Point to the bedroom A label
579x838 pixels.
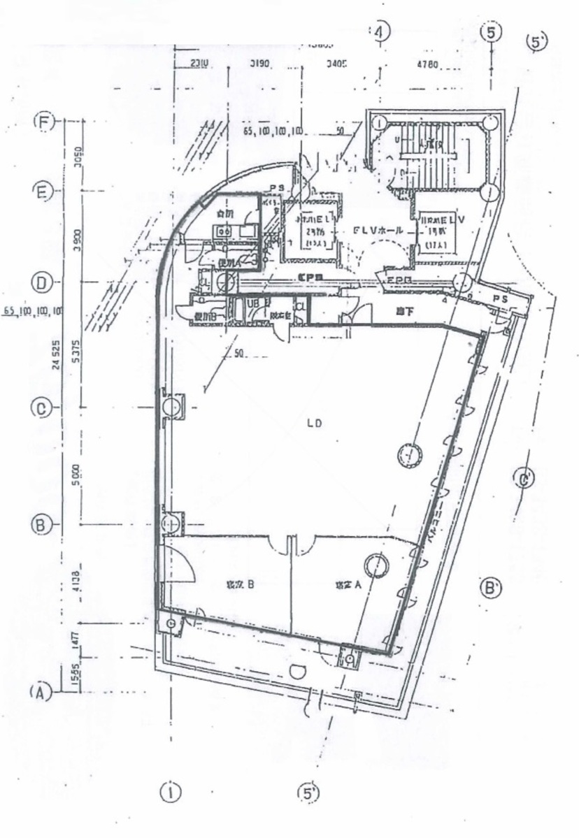(347, 586)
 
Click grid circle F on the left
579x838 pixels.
(44, 122)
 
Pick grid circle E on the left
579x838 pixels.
(43, 191)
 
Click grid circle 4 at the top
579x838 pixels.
(380, 31)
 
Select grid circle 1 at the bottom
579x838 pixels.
(170, 792)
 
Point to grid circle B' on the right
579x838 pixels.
(492, 587)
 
